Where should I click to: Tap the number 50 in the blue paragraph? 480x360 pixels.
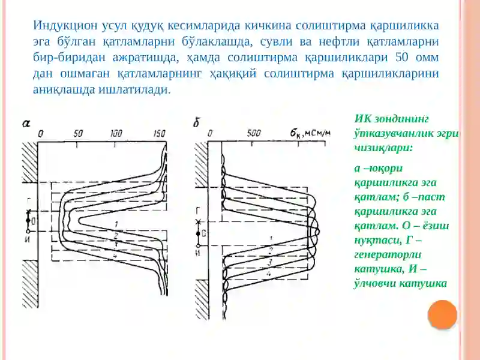pyautogui.click(x=402, y=57)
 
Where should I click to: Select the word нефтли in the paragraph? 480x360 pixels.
pyautogui.click(x=339, y=41)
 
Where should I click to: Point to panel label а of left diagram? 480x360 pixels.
pyautogui.click(x=26, y=124)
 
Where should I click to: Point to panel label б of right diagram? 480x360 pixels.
pyautogui.click(x=197, y=122)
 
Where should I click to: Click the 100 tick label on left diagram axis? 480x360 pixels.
pyautogui.click(x=116, y=133)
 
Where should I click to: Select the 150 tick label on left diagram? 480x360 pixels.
pyautogui.click(x=159, y=133)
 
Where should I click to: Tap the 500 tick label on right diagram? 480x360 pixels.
pyautogui.click(x=253, y=133)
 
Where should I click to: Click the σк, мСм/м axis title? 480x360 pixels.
pyautogui.click(x=310, y=133)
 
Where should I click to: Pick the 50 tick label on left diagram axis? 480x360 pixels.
pyautogui.click(x=78, y=133)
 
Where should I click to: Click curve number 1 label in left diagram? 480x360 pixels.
pyautogui.click(x=116, y=224)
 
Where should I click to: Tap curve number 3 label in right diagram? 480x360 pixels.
pyautogui.click(x=270, y=262)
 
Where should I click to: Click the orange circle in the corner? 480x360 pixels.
pyautogui.click(x=442, y=315)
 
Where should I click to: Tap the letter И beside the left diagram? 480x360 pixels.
pyautogui.click(x=27, y=240)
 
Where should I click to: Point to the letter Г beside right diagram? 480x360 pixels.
pyautogui.click(x=199, y=211)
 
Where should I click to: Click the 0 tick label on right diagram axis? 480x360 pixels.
pyautogui.click(x=210, y=133)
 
